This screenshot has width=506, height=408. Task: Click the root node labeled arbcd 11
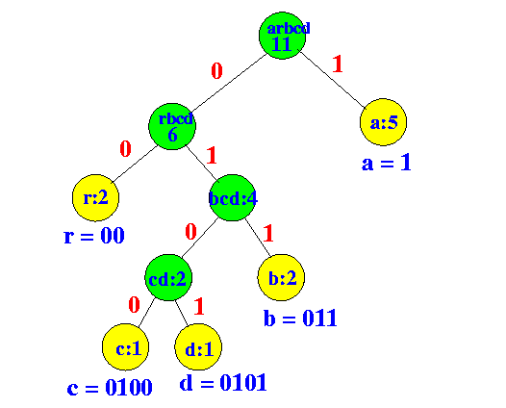coord(283,36)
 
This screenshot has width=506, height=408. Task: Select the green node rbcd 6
coord(172,126)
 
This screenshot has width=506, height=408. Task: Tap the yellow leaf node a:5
coord(383,122)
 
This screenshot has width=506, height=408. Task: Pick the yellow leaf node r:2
coord(95,198)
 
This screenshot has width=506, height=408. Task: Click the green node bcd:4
coord(233,198)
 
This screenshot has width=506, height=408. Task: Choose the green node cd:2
coord(168,277)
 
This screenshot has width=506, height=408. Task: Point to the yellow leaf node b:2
coord(281,277)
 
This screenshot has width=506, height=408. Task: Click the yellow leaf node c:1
coord(125,347)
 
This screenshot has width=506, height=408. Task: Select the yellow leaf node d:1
coord(198,347)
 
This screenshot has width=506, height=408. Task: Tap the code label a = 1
coord(387,163)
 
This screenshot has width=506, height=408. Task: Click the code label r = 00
coord(94,236)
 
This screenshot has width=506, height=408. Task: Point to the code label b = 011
coord(300,318)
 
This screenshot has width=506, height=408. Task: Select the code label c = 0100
coord(110,387)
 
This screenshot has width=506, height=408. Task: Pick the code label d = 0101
coord(223,383)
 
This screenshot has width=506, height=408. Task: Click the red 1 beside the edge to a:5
coord(338,64)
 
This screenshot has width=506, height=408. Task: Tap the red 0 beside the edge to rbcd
coord(216,70)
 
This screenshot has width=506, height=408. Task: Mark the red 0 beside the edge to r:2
coord(125,149)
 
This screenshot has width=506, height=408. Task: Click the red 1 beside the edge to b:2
coord(268,234)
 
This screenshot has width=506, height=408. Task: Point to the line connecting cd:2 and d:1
coord(182,313)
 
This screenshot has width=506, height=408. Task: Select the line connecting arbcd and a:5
coord(333,80)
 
